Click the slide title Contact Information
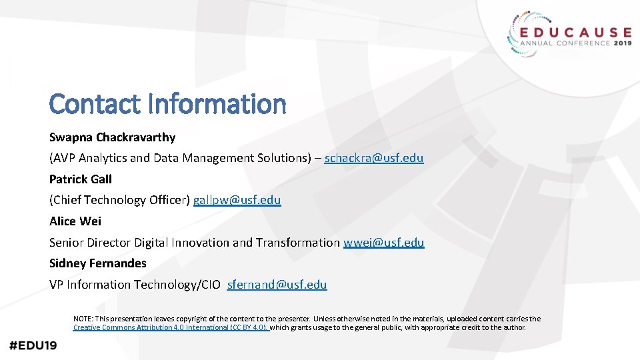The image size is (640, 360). [x=167, y=104]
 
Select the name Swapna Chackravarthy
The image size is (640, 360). [x=112, y=137]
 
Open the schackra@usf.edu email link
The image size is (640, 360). [x=373, y=158]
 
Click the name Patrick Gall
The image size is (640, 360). [x=81, y=179]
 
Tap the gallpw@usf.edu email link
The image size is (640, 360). [x=237, y=200]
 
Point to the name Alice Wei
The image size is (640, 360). [x=75, y=221]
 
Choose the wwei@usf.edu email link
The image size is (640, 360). [x=383, y=242]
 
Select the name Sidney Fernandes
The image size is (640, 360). [x=97, y=263]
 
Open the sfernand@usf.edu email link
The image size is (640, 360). [x=277, y=284]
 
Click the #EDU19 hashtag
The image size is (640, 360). [x=33, y=345]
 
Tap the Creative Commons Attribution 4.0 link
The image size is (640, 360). [x=170, y=327]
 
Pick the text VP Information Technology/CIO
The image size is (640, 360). [x=135, y=284]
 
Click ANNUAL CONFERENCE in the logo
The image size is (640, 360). [x=561, y=44]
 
